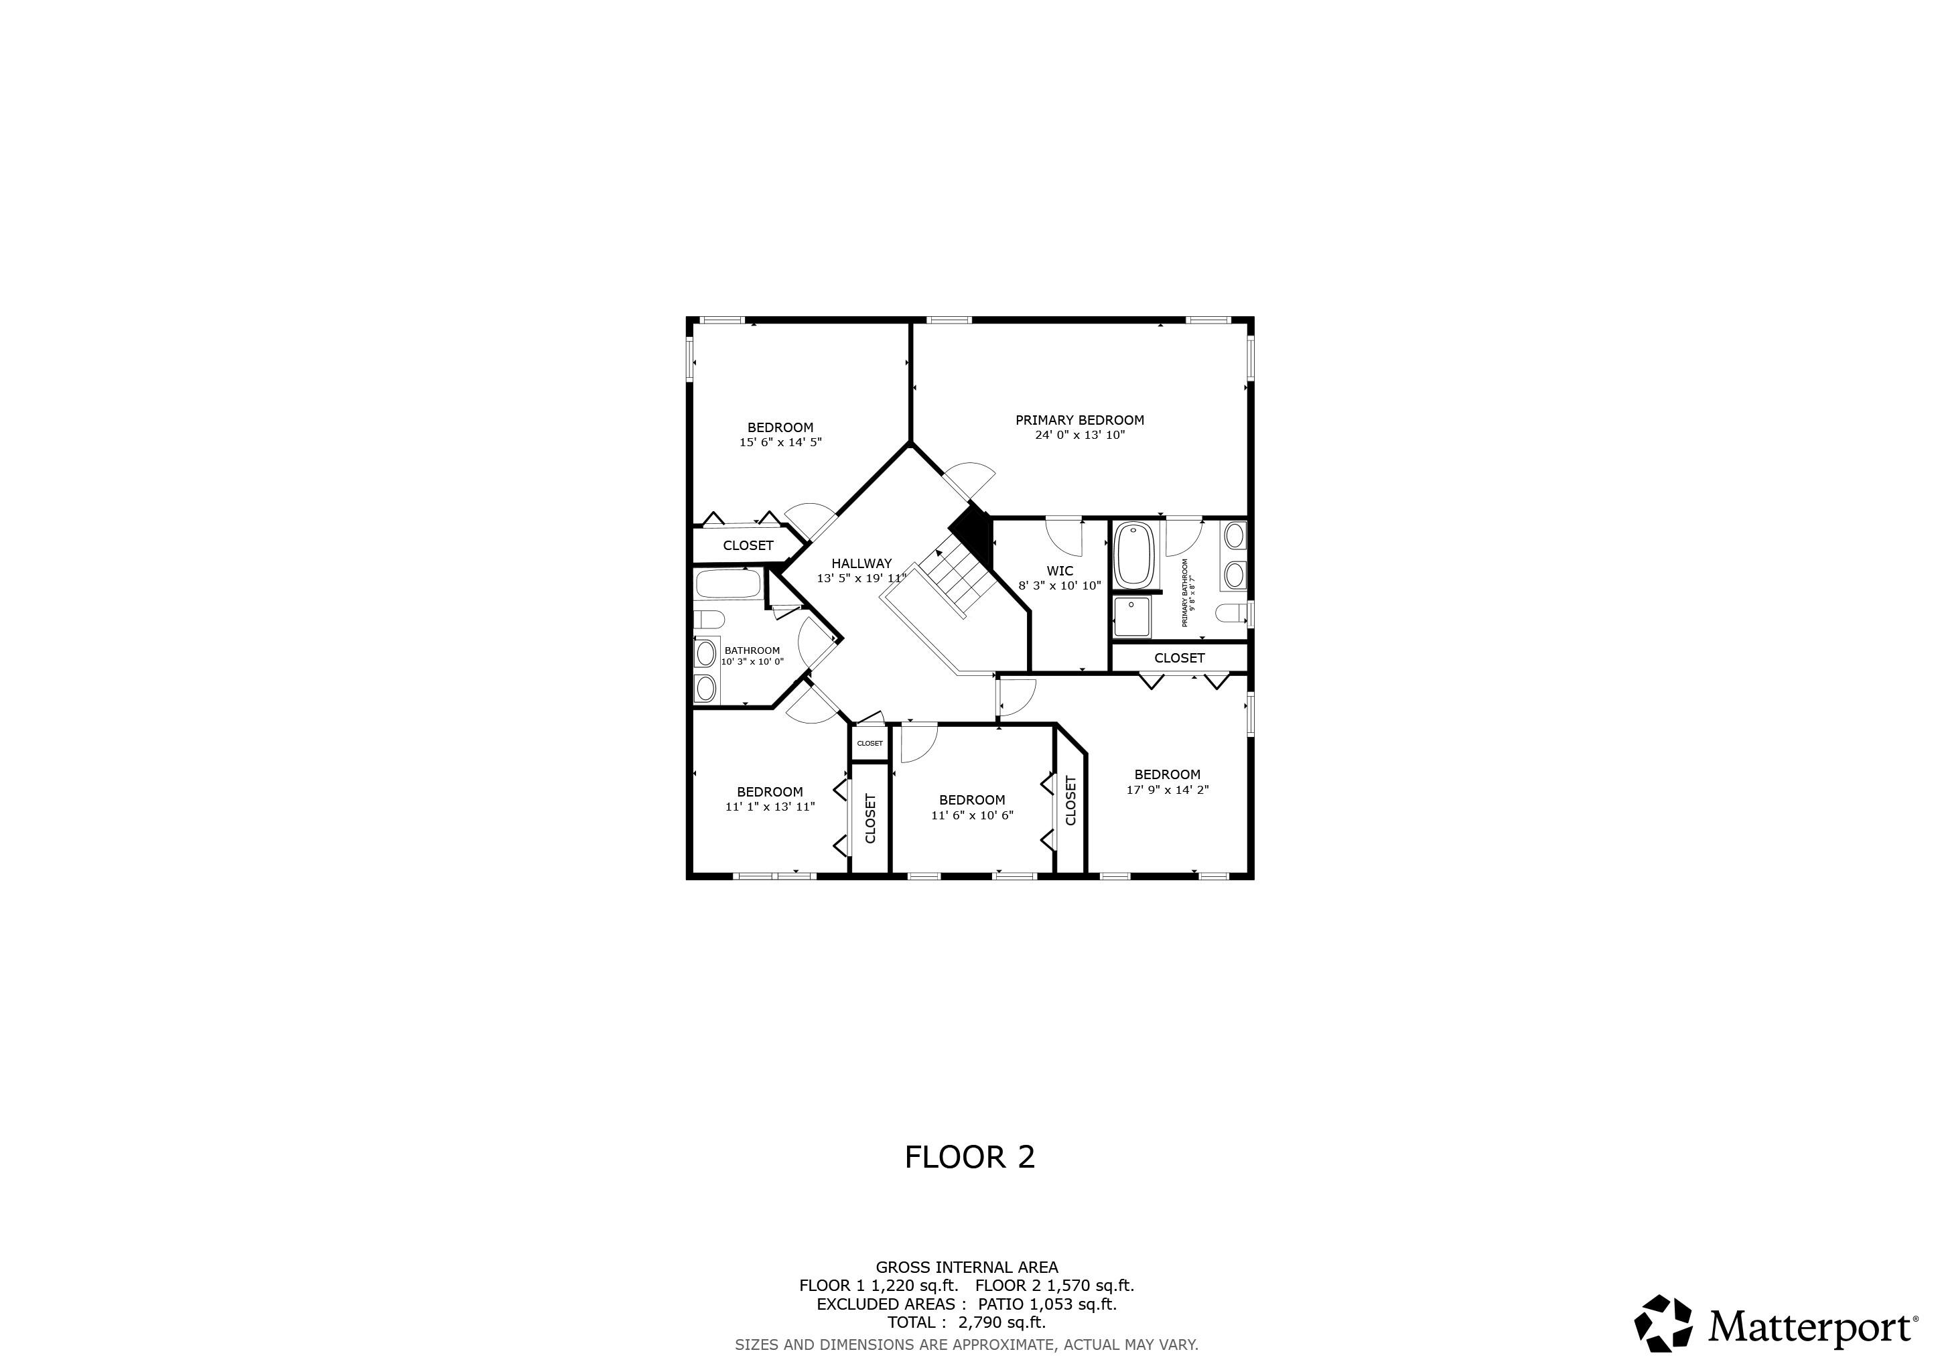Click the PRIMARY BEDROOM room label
point(1080,420)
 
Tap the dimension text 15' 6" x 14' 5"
point(780,442)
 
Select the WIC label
point(1060,571)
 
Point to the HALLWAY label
point(861,563)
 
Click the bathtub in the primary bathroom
point(1134,555)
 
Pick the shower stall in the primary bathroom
point(1131,618)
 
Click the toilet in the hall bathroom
point(709,619)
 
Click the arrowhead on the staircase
point(939,554)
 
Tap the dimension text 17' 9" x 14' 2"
point(1168,790)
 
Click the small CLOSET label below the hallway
point(870,744)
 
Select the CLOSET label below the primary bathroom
point(1180,658)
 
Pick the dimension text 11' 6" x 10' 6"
point(972,815)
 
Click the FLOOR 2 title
point(970,1158)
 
